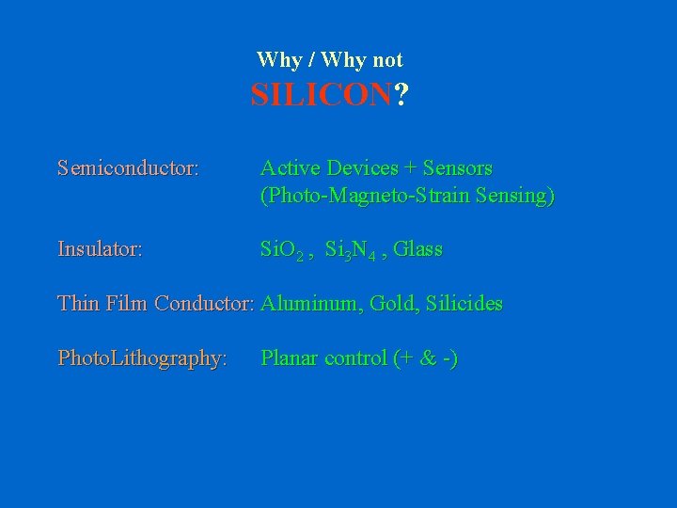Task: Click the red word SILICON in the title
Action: (x=321, y=95)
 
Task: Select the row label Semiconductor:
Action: (x=128, y=168)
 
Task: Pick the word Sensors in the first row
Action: (x=458, y=168)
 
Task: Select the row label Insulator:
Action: (x=101, y=250)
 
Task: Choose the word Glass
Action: (x=417, y=250)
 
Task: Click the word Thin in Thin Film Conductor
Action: (x=78, y=304)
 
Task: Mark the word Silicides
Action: (x=464, y=304)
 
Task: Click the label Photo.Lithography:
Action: (x=142, y=358)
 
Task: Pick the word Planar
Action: (x=289, y=358)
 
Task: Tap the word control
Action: (x=355, y=358)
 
